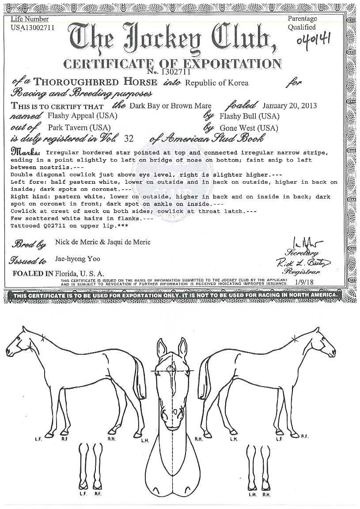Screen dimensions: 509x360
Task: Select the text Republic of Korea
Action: click(x=216, y=83)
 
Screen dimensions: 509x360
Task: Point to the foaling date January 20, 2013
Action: click(x=289, y=106)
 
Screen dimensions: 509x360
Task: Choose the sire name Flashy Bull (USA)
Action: click(x=250, y=116)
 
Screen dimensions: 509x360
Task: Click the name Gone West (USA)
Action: click(x=246, y=128)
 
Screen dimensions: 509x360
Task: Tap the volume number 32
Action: click(x=129, y=139)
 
